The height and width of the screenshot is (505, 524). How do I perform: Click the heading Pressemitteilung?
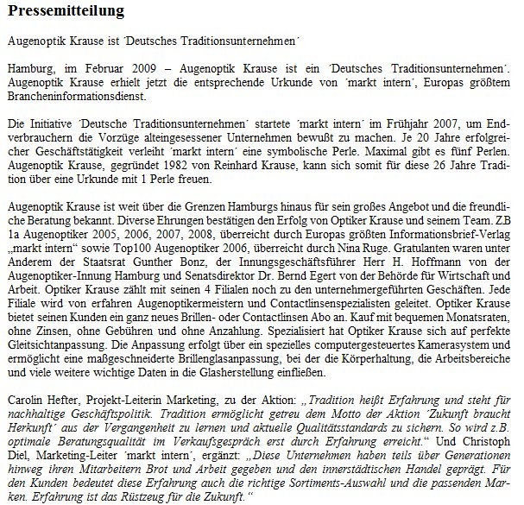66,12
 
